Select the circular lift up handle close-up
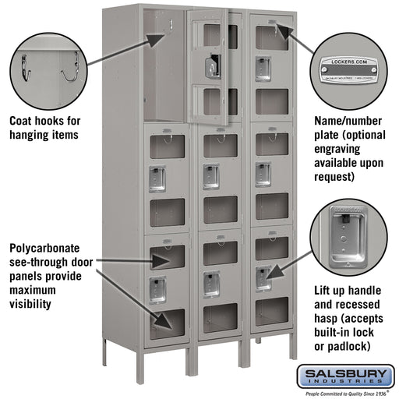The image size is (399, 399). click(348, 237)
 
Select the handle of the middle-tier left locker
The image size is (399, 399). click(157, 178)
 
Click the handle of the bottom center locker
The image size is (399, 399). click(211, 284)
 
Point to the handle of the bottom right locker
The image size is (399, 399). click(263, 277)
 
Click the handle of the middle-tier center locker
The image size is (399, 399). click(211, 176)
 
